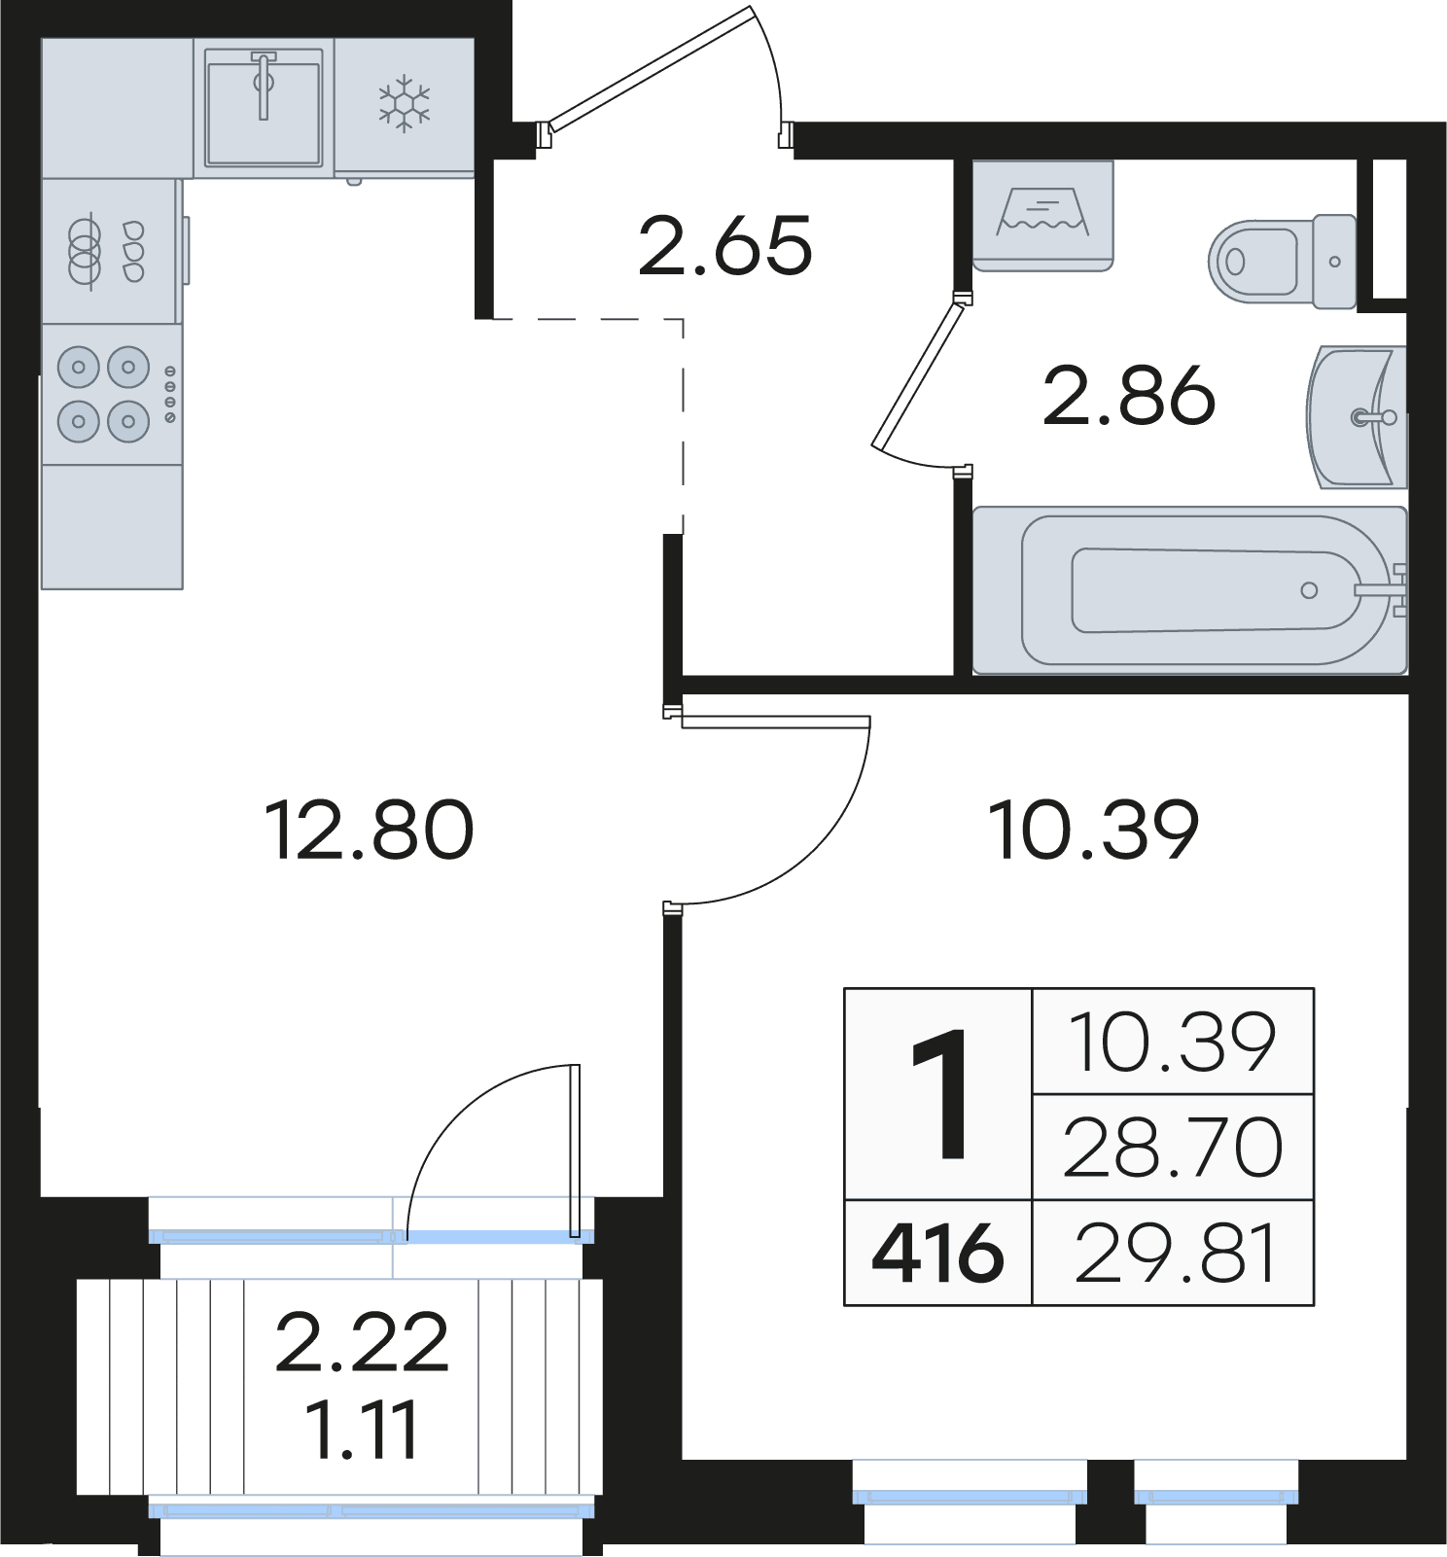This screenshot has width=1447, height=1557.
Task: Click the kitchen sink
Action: coord(264,108)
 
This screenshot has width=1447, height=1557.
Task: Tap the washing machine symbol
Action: coord(1042,215)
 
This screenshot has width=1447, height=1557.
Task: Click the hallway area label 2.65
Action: coord(724,246)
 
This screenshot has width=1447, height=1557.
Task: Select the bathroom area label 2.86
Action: coord(1129,396)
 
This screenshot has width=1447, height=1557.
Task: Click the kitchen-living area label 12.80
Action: coord(369,830)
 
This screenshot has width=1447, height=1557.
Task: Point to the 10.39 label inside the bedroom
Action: coord(1093,830)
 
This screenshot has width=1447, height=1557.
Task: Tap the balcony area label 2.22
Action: coord(362,1343)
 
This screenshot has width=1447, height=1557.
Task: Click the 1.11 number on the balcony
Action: coord(362,1430)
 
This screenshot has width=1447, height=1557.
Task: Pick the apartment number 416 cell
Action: coord(937,1253)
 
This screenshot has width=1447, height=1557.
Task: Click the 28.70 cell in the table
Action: coord(1173,1148)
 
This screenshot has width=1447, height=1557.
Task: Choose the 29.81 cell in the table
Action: coord(1173,1253)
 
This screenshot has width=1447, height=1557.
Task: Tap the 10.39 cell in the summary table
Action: coord(1173,1042)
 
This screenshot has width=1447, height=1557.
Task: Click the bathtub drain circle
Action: coord(1309,590)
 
